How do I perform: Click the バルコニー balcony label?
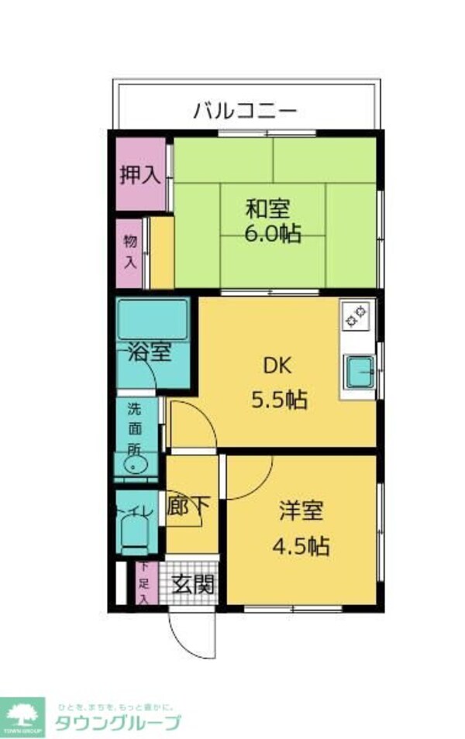pyautogui.click(x=245, y=110)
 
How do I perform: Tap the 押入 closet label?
pyautogui.click(x=139, y=174)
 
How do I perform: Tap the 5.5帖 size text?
pyautogui.click(x=278, y=400)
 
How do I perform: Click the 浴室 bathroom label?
pyautogui.click(x=149, y=353)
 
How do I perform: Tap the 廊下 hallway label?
pyautogui.click(x=188, y=507)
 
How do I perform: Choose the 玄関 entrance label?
pyautogui.click(x=193, y=583)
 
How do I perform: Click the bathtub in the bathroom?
pyautogui.click(x=153, y=319)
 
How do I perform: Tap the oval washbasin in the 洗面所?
pyautogui.click(x=136, y=466)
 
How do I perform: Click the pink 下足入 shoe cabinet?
pyautogui.click(x=144, y=583)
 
